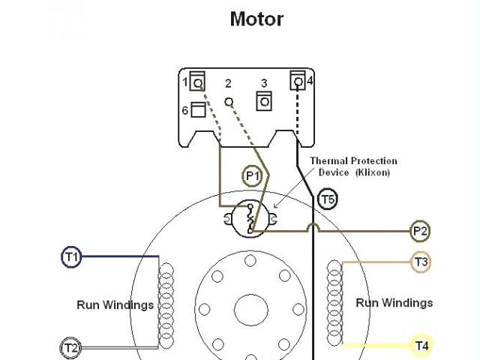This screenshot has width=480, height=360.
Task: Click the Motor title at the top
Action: click(256, 19)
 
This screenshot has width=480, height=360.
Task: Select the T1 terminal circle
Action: click(70, 257)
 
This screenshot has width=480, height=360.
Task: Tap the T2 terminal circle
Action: click(70, 348)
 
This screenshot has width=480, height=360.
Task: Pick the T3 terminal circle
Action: click(421, 262)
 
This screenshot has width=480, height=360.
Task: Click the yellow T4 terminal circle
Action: click(421, 346)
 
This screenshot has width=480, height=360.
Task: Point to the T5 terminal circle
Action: click(327, 199)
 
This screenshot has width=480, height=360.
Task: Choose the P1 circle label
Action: click(253, 176)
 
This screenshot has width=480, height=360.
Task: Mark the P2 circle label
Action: click(420, 231)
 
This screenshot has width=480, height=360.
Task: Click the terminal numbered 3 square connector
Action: click(263, 100)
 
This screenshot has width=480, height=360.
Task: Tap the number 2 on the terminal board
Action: click(228, 83)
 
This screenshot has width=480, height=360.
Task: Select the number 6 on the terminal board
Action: click(184, 110)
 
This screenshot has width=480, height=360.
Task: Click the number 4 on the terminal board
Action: click(310, 80)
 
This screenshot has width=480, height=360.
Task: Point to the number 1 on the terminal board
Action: click(184, 80)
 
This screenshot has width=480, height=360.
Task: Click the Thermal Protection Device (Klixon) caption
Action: click(353, 166)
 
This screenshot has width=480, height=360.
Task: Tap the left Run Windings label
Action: click(115, 304)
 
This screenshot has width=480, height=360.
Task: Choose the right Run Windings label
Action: click(394, 303)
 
